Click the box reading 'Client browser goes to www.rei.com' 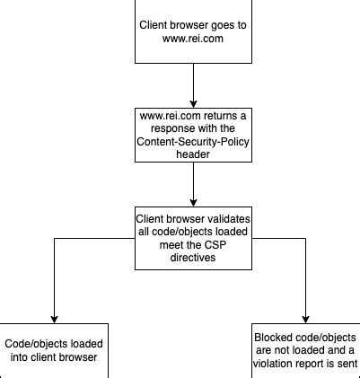click(x=193, y=31)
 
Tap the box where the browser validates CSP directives click(x=193, y=238)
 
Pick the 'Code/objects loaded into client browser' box click(x=54, y=351)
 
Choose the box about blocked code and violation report click(x=305, y=351)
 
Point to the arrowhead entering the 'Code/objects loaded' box click(x=54, y=318)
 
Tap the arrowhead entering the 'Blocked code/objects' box click(x=305, y=318)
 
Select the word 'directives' click(x=193, y=257)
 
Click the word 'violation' click(x=275, y=364)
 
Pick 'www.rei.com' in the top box click(x=193, y=40)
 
